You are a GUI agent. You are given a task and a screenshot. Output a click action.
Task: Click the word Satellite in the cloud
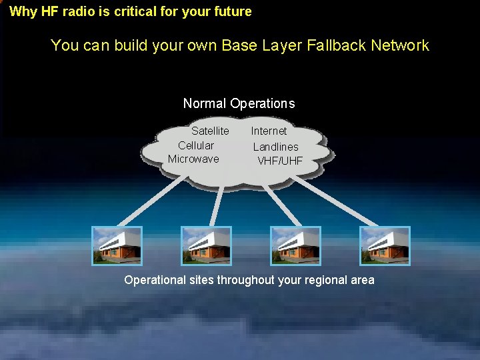click(x=210, y=131)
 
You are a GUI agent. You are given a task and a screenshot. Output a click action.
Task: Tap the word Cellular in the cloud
click(x=196, y=145)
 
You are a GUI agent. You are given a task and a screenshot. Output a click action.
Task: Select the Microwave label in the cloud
click(x=193, y=159)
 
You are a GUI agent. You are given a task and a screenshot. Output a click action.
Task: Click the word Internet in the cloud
click(x=269, y=131)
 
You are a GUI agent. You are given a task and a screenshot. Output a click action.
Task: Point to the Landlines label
click(x=275, y=147)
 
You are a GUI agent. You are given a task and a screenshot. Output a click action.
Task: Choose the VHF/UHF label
click(x=280, y=161)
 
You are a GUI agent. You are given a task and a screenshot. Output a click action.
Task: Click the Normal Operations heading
click(x=239, y=103)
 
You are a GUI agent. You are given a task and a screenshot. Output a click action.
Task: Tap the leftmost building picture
click(x=117, y=246)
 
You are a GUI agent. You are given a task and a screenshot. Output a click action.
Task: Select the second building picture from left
click(x=206, y=246)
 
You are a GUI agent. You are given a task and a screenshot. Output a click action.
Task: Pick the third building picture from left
click(x=295, y=246)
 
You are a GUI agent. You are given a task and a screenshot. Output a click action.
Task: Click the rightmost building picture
click(x=385, y=246)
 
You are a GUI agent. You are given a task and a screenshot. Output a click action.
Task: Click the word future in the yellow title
click(x=233, y=11)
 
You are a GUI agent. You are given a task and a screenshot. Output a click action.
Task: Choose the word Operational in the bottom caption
click(x=155, y=280)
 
